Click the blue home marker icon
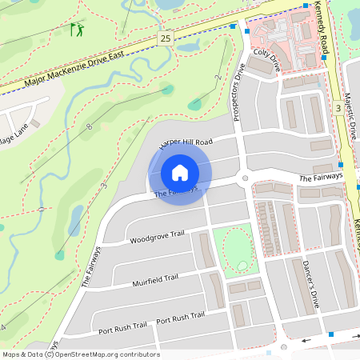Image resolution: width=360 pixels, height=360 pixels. tap(180, 172)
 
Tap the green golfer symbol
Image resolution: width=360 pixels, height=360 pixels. tap(77, 30)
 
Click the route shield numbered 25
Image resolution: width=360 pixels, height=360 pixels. tap(166, 38)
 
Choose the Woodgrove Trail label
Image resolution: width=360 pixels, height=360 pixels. tap(157, 237)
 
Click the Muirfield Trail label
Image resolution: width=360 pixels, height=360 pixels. tap(154, 279)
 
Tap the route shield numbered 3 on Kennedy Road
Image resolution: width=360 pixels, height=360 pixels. tap(339, 108)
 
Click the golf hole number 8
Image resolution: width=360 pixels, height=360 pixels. tap(90, 127)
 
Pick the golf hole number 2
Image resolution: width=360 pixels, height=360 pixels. tap(218, 78)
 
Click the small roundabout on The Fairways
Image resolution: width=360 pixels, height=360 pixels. tap(246, 178)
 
